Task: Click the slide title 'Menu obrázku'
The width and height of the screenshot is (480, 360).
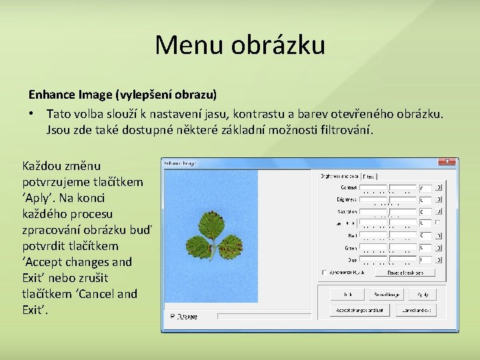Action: pyautogui.click(x=240, y=45)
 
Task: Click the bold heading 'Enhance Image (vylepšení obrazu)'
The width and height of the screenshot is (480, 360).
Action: pyautogui.click(x=123, y=95)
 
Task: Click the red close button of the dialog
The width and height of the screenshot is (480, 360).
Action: pyautogui.click(x=447, y=162)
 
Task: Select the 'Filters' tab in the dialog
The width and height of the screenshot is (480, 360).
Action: pyautogui.click(x=368, y=177)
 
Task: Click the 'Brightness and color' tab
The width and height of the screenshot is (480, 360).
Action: pyautogui.click(x=339, y=177)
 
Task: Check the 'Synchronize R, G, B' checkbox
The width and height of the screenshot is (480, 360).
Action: pyautogui.click(x=325, y=272)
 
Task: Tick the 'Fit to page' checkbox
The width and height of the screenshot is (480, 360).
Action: pyautogui.click(x=172, y=317)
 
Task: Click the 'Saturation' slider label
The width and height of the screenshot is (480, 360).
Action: pyautogui.click(x=347, y=211)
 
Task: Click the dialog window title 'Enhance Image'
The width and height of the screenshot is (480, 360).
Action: pyautogui.click(x=180, y=162)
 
